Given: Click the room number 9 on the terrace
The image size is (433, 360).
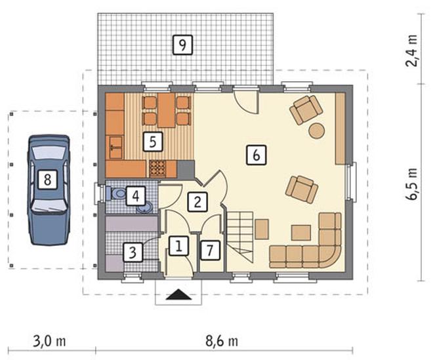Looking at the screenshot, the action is coord(182,45).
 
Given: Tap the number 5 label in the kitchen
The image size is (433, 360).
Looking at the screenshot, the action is coord(152,142).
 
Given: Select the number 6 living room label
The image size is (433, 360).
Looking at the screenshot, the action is coord(257,155).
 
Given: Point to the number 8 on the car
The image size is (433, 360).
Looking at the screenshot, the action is coord(47,180).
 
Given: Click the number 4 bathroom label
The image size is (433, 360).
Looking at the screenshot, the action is coord(136,196).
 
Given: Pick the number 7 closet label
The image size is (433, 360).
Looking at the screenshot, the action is coord(210,250).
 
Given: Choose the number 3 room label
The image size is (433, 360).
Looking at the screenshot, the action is coord(133,252).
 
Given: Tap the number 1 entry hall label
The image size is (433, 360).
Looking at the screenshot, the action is coord(178,246).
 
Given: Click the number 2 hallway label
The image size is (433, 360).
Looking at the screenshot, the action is coord(197,203).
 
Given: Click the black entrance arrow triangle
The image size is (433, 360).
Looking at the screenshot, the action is coord(178,294).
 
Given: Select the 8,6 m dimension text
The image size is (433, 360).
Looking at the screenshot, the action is coord(222,342).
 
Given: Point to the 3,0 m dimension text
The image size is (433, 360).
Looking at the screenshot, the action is coord(49,342).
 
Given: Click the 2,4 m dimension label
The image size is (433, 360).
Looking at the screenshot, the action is coord(411,50).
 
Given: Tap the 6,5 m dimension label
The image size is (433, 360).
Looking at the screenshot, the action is coord(411,183).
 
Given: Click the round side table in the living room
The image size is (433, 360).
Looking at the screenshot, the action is coord(316,130).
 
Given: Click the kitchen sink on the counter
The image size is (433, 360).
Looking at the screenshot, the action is coord(115,147).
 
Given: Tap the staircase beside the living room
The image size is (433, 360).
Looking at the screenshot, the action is coord(240,237).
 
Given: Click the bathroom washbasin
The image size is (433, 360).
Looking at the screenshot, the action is coord(145,208).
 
